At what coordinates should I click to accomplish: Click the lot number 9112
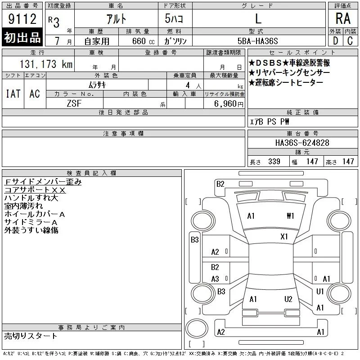tap(22, 19)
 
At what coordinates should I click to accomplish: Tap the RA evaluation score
tap(343, 18)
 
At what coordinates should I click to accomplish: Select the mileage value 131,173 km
tap(46, 64)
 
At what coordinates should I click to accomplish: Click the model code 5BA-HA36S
tap(257, 41)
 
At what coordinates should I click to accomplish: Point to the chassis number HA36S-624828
tap(302, 143)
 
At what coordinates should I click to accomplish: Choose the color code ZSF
tap(74, 103)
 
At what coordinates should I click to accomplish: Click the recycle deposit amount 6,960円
tap(229, 104)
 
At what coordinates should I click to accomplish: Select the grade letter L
tap(258, 18)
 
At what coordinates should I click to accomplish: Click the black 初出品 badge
tap(22, 37)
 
